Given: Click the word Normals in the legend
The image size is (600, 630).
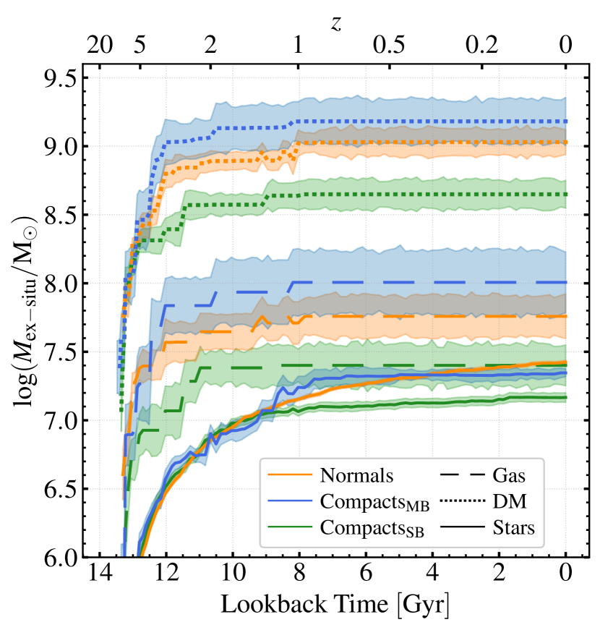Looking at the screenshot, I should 356,476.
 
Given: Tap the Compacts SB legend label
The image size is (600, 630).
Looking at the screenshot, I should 372,529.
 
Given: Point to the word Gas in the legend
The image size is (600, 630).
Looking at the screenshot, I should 509,476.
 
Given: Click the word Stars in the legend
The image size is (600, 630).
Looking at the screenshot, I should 513,528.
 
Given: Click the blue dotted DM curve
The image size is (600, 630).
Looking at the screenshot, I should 434,122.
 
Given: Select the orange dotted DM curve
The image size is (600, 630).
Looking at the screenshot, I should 434,142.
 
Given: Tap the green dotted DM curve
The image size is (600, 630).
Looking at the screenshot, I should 434,195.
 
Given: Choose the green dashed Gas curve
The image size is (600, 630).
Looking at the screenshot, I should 434,365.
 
